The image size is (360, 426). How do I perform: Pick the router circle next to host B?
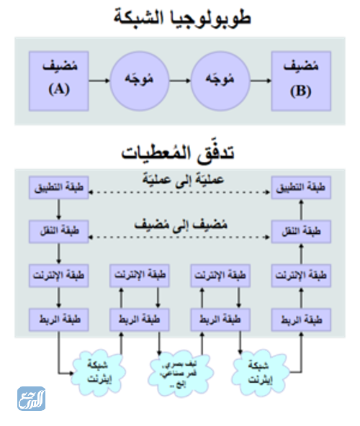click(x=219, y=81)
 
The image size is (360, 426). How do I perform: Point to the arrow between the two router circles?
click(x=179, y=81)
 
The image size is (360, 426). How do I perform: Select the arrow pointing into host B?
click(x=260, y=81)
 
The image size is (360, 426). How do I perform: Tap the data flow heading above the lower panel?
click(x=179, y=152)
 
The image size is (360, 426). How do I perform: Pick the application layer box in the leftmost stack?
click(x=58, y=188)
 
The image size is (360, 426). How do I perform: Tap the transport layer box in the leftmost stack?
click(x=58, y=232)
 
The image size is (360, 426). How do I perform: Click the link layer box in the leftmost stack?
click(x=58, y=318)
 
